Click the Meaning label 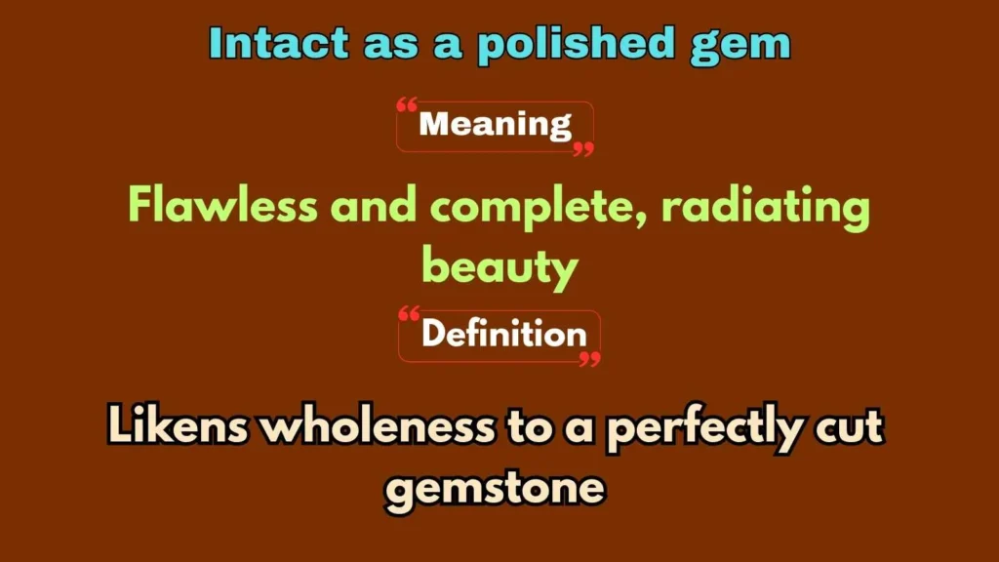pos(495,125)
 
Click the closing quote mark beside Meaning pos(583,148)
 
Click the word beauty pos(499,265)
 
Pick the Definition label pos(503,335)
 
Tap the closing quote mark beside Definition pos(589,359)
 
